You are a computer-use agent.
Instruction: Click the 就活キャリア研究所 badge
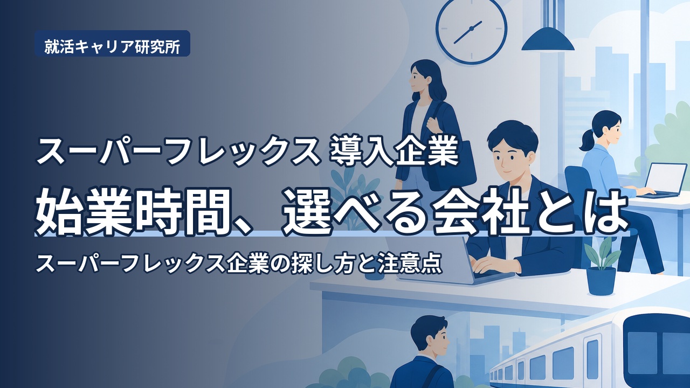(112, 44)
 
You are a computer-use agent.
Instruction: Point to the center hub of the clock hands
(471, 29)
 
